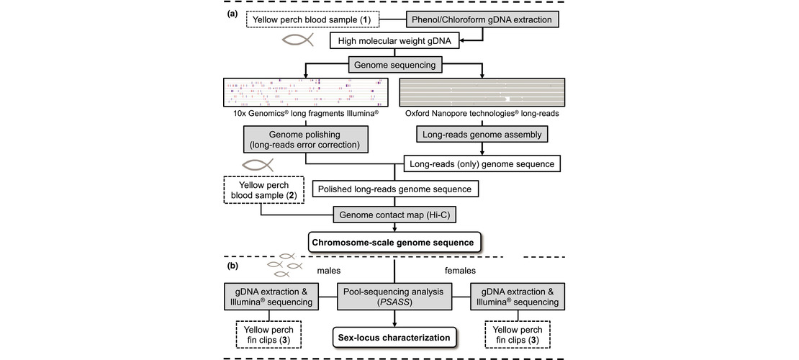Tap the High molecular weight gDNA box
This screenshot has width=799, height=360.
(x=395, y=40)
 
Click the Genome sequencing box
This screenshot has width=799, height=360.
(x=395, y=66)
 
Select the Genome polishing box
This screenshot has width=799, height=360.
(x=305, y=139)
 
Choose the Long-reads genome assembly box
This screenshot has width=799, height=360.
(x=482, y=134)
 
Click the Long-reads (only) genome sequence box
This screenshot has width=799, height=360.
(x=482, y=164)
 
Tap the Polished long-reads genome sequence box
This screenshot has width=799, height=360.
(x=395, y=189)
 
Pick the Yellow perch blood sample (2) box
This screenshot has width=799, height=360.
(x=263, y=189)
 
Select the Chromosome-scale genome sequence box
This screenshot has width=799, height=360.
(x=395, y=242)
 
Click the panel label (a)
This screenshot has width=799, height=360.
(x=232, y=14)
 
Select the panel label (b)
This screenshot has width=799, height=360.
(x=232, y=266)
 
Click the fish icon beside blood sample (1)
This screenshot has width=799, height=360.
(x=297, y=40)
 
